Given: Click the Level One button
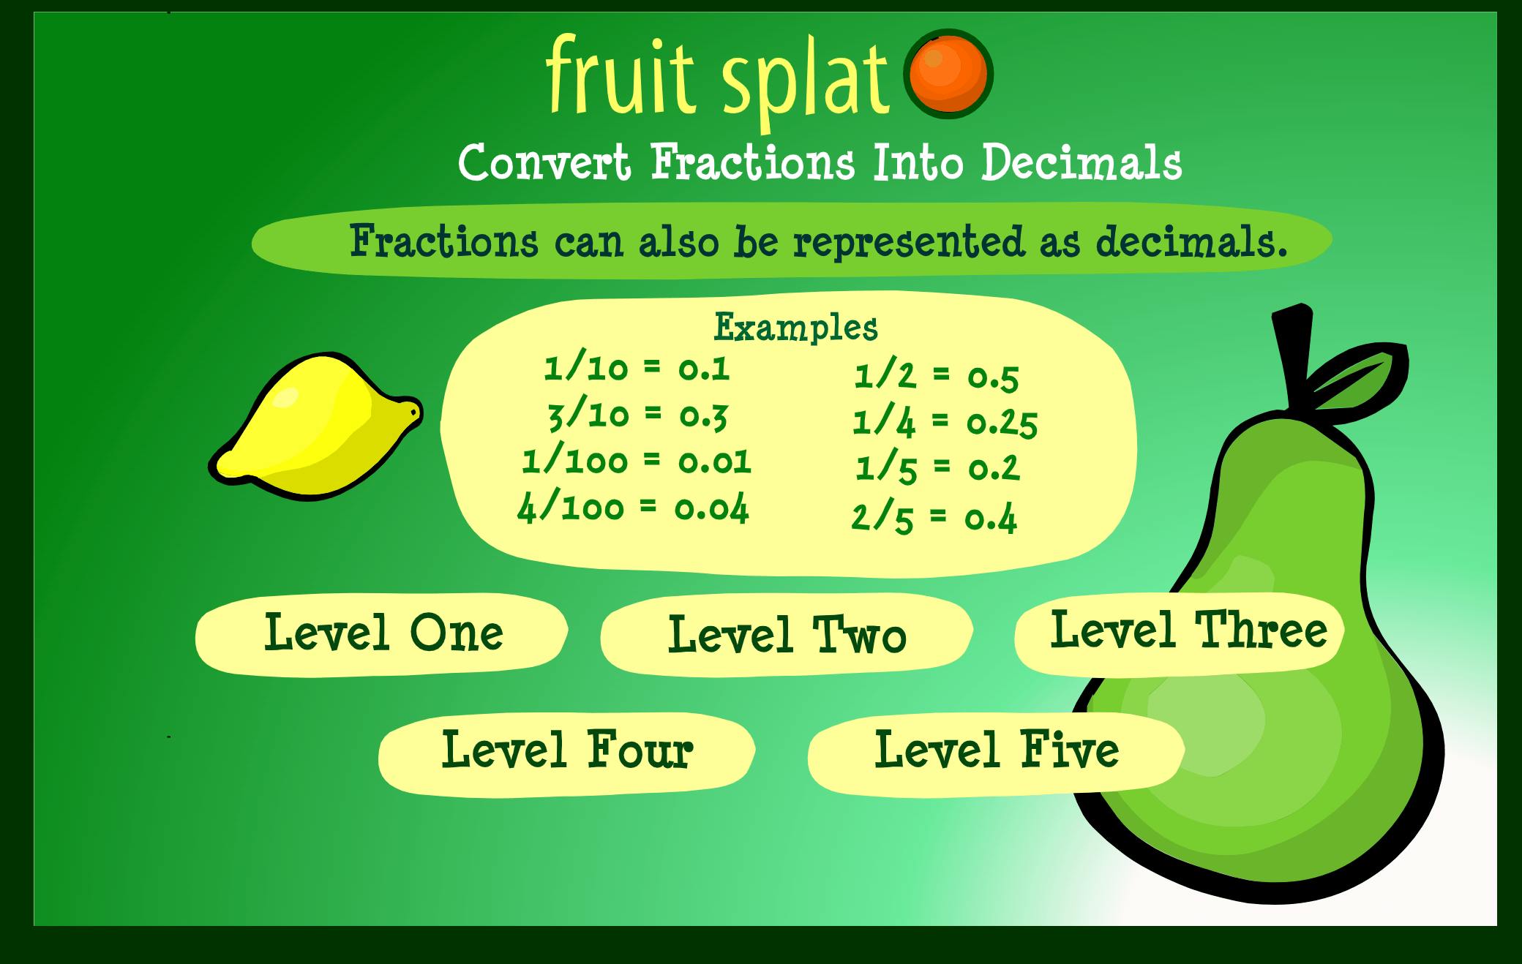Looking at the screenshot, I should [382, 633].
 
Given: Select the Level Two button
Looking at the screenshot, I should [787, 635].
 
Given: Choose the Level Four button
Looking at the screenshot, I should [566, 750].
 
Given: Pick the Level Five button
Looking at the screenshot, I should [997, 750].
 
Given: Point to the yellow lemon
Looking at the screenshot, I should [315, 428].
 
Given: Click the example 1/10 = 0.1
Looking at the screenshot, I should [637, 369].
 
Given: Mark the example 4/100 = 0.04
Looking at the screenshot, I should [633, 508].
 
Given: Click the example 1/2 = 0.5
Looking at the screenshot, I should [937, 377].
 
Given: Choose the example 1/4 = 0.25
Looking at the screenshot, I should [944, 423].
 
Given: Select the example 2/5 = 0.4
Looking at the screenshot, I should [934, 518].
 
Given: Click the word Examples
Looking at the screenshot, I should [795, 328].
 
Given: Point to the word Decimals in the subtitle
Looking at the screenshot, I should [1081, 163].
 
